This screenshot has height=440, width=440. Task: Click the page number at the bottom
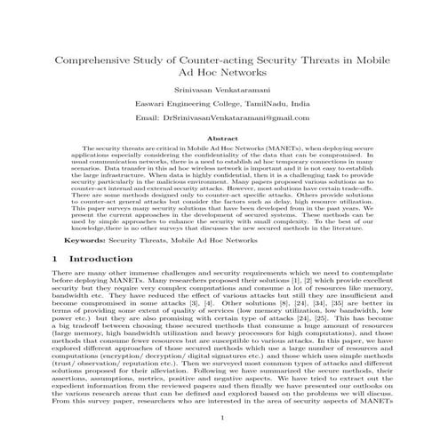(x=220, y=418)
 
